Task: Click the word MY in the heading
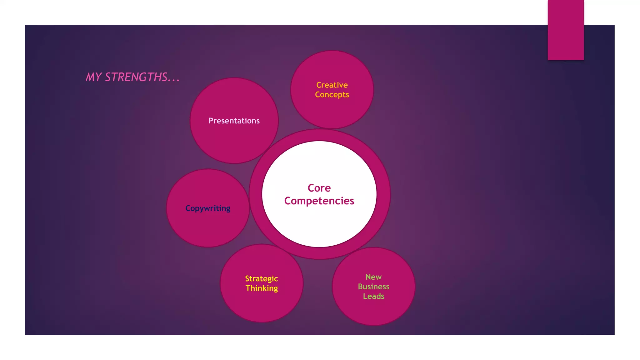click(93, 77)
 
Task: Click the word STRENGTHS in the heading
click(136, 77)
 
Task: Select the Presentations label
click(234, 121)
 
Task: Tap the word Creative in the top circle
click(332, 85)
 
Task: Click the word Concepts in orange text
click(332, 95)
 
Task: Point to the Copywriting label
click(208, 208)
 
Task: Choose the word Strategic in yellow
click(262, 279)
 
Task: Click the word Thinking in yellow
click(262, 288)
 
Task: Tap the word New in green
click(373, 277)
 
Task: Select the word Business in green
click(373, 287)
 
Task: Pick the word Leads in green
click(373, 296)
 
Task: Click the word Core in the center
click(319, 188)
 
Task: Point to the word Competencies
click(319, 201)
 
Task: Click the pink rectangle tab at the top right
click(566, 30)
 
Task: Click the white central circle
click(319, 225)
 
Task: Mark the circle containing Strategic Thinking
click(262, 306)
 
